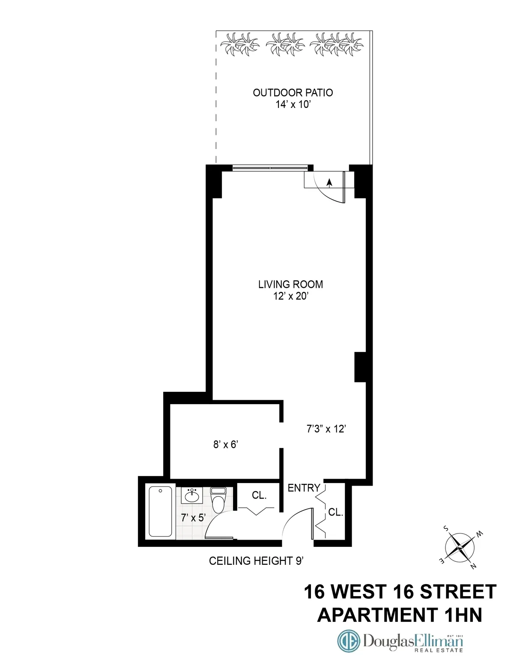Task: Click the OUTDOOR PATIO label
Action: coord(293,92)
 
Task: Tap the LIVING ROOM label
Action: coord(290,284)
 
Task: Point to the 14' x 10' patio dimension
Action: coord(293,104)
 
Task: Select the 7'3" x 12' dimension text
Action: coord(326,429)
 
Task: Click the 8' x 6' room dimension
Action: coord(225,444)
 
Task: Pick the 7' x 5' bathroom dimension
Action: coord(193,518)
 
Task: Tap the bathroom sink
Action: coord(191,496)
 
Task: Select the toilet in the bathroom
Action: coord(218,500)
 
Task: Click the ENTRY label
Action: coord(304,488)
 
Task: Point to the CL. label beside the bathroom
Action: coord(259,495)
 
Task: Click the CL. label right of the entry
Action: coord(335,512)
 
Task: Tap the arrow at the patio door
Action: coord(329,183)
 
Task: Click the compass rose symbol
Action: coord(460,548)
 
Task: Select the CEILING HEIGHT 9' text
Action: coord(256,561)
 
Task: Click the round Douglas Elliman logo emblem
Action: coord(348,641)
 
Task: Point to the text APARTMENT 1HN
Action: coord(399,615)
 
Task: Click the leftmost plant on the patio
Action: coord(239,44)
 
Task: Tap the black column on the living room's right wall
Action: coord(360,367)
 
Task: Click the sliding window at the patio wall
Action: coord(270,168)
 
